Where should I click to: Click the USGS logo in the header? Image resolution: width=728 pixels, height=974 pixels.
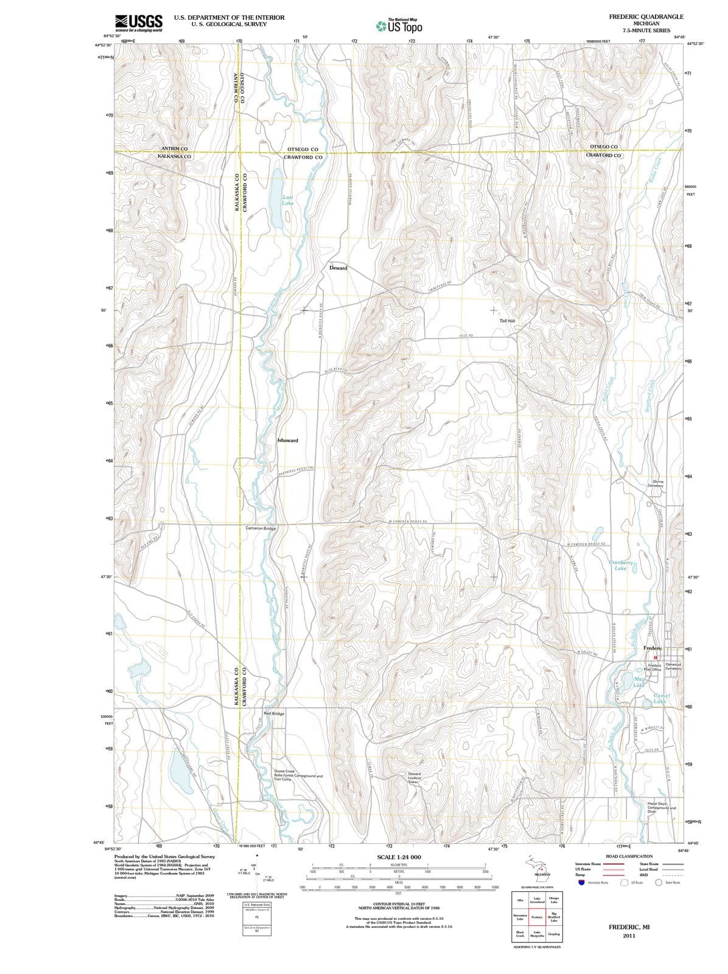(x=138, y=23)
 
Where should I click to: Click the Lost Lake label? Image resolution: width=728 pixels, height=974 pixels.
(x=288, y=200)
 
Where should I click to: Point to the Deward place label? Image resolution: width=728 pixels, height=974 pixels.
(x=338, y=268)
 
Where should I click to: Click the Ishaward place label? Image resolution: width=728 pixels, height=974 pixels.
(x=287, y=440)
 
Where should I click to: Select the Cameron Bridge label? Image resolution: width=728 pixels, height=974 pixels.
(x=261, y=528)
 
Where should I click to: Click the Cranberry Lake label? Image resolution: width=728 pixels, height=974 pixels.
(x=621, y=566)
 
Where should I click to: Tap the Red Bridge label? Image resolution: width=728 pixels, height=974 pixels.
(x=274, y=713)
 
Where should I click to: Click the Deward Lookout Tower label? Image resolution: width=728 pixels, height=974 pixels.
(x=414, y=778)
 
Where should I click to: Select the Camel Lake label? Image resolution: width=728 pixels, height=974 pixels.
(x=660, y=698)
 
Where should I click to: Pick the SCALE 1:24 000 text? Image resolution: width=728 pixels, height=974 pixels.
(x=399, y=857)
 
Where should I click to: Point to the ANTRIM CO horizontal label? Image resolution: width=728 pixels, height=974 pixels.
(x=175, y=149)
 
